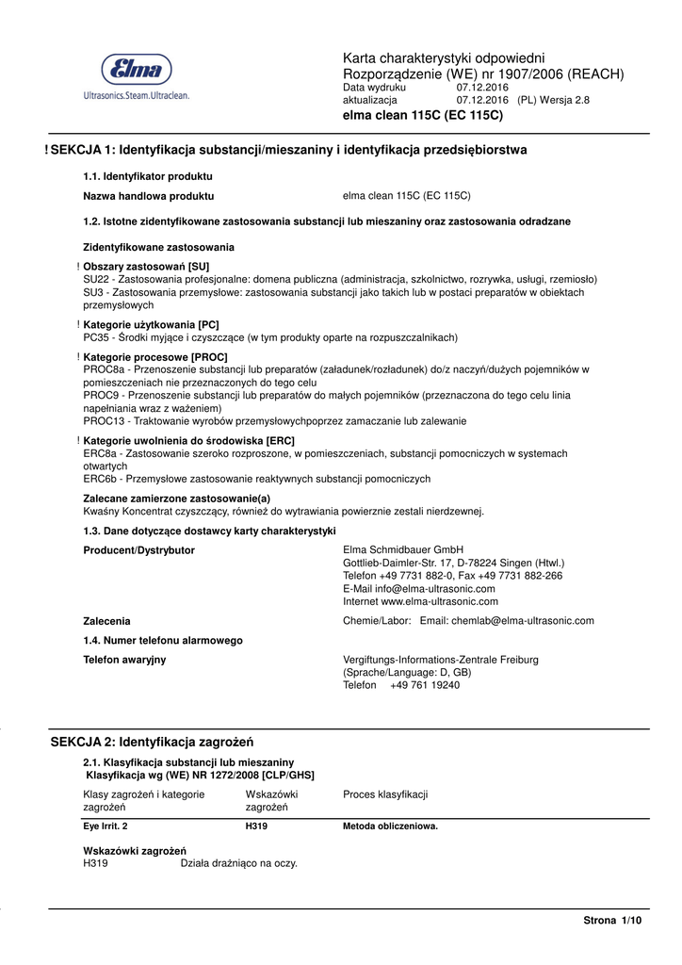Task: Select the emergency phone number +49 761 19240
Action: [x=425, y=686]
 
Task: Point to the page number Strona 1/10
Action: [x=612, y=921]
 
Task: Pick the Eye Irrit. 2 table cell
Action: [x=106, y=827]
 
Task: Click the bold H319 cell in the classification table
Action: [x=256, y=827]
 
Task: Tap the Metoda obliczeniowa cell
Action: [x=390, y=827]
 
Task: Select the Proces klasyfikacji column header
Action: [x=385, y=795]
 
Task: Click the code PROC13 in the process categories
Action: [x=103, y=421]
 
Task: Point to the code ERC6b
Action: [x=100, y=480]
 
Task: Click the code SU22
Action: [x=96, y=280]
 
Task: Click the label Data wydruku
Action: [x=374, y=88]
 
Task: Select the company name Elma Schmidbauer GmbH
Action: [x=403, y=550]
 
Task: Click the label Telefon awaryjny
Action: [x=125, y=661]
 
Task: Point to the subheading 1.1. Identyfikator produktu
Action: [x=148, y=176]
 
